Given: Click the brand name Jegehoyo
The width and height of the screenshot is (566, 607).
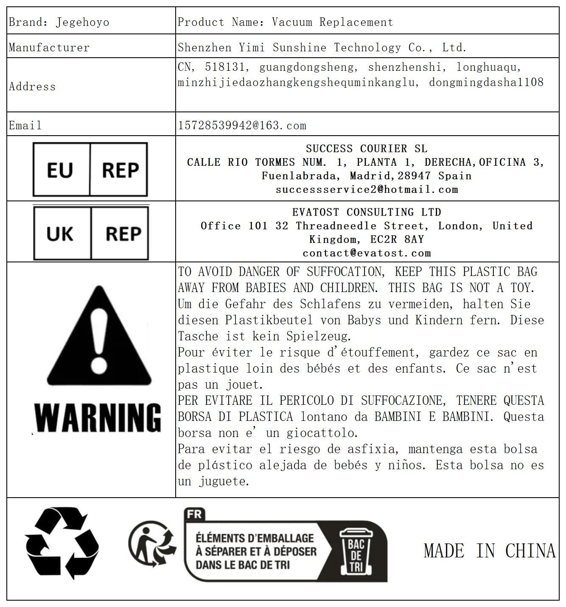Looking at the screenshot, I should pyautogui.click(x=82, y=22).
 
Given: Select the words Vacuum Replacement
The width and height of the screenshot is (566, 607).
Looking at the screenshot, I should pyautogui.click(x=332, y=22).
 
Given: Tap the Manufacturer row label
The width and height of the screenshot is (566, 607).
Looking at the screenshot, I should pyautogui.click(x=49, y=47).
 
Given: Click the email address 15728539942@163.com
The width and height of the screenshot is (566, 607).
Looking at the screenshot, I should pyautogui.click(x=242, y=125).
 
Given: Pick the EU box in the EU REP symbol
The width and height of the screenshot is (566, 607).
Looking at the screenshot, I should pyautogui.click(x=60, y=170).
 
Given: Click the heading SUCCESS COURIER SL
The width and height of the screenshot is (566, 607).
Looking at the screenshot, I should pyautogui.click(x=366, y=148).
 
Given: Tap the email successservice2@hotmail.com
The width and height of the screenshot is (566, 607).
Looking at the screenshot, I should pyautogui.click(x=367, y=189).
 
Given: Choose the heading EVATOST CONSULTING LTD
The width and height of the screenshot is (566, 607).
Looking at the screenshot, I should pyautogui.click(x=367, y=212).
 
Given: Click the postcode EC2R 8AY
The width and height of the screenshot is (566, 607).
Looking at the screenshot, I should pyautogui.click(x=397, y=239).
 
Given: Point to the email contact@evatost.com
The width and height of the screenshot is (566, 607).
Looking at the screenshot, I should pyautogui.click(x=367, y=253).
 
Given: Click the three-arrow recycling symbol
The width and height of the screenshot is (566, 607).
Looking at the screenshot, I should pyautogui.click(x=62, y=543).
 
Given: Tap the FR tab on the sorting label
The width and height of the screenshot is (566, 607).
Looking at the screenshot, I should pyautogui.click(x=194, y=515).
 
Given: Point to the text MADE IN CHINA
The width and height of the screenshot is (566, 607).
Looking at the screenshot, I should pyautogui.click(x=489, y=551).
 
